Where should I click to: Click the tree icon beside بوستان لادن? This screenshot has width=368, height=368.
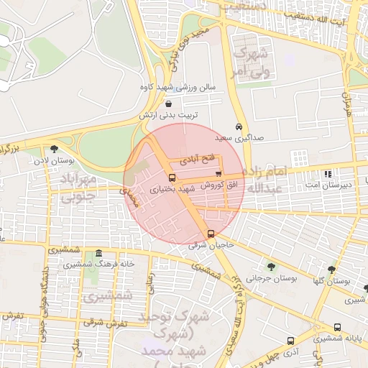click(x=55, y=149)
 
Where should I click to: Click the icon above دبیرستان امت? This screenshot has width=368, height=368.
click(x=328, y=174)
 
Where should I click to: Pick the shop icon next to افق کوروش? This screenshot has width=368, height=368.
click(x=218, y=175)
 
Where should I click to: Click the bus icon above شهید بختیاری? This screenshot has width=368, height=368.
click(x=171, y=178)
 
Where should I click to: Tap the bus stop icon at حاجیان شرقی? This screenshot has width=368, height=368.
click(x=211, y=234)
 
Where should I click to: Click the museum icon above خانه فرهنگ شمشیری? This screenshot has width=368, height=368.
click(x=98, y=254)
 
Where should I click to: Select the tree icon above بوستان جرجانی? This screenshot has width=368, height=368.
click(x=270, y=267)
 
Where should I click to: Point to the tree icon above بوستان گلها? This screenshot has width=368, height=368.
click(x=331, y=270)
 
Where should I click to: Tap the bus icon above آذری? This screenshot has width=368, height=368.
click(x=290, y=341)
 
